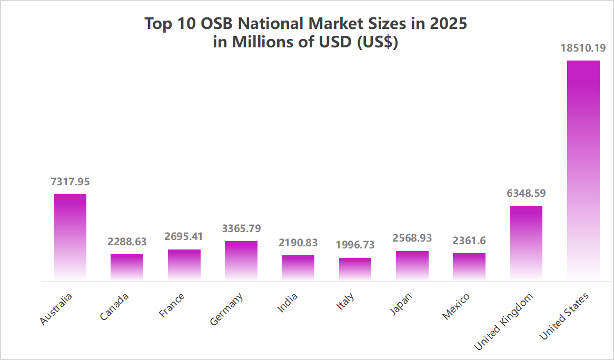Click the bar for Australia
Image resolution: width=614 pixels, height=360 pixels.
click(x=70, y=237)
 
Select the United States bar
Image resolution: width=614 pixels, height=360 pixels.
click(x=583, y=168)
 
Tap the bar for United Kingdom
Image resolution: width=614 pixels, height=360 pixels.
click(x=526, y=242)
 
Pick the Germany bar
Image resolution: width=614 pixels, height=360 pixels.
click(x=241, y=260)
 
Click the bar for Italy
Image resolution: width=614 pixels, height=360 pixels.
click(x=355, y=268)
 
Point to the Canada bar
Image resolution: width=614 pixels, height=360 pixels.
click(x=127, y=267)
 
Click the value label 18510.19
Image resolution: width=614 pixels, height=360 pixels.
click(x=583, y=48)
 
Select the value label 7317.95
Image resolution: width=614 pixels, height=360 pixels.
click(x=70, y=182)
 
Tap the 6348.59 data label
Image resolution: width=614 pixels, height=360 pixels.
click(x=526, y=193)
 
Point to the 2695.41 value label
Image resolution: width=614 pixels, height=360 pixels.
click(x=184, y=237)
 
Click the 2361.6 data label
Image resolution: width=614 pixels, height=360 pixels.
click(x=469, y=241)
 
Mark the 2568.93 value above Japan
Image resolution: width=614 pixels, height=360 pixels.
click(x=412, y=238)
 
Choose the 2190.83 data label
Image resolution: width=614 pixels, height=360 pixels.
click(x=298, y=243)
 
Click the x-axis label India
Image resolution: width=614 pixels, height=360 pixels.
click(x=288, y=303)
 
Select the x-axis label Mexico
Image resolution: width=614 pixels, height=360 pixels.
click(x=455, y=306)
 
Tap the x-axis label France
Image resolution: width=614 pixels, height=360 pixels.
click(x=172, y=305)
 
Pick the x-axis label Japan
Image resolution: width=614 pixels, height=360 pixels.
click(x=402, y=304)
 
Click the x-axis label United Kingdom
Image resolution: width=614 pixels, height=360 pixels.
click(x=504, y=321)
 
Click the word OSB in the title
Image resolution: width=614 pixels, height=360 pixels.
click(x=228, y=24)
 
